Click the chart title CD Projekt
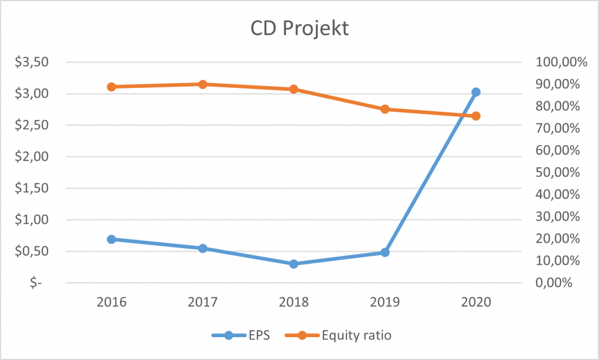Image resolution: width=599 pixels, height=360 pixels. pos(299,28)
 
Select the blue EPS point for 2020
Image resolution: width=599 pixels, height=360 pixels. pos(476,92)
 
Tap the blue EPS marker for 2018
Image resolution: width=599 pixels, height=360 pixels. pos(294,264)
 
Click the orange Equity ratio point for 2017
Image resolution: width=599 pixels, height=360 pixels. pos(202,84)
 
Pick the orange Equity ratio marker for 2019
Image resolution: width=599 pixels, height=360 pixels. pos(385,109)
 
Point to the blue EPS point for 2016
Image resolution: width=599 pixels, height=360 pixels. pos(111,239)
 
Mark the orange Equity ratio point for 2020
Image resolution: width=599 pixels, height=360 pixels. pos(476,116)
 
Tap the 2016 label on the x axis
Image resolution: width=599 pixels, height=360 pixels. pos(111,302)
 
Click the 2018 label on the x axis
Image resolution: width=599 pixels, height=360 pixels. pos(294,302)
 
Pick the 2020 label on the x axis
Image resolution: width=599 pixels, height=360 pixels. pos(476,302)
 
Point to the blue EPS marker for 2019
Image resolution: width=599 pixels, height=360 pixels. pos(385,252)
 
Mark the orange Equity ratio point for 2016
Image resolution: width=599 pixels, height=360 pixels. pos(111,87)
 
